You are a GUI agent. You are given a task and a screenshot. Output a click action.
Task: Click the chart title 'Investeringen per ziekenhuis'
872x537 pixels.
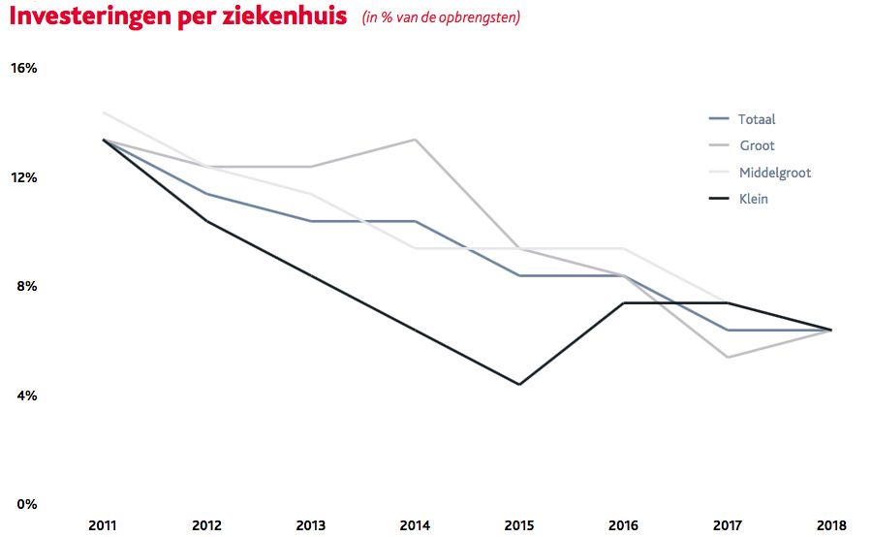(x=178, y=17)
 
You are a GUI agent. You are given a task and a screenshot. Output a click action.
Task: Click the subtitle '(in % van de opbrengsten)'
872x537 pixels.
(x=441, y=18)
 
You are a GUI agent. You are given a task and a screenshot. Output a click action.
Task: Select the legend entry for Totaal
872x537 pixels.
(x=756, y=119)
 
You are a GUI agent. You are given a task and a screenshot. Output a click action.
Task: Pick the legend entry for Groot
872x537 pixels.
(x=756, y=145)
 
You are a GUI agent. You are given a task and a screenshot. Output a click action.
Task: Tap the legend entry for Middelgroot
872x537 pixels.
(x=773, y=173)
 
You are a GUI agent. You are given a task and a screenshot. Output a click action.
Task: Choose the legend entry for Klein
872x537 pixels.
(x=753, y=199)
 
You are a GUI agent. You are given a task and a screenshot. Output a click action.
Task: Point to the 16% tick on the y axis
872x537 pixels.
(x=24, y=68)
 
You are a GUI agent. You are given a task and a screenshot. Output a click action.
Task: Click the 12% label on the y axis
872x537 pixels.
(x=24, y=177)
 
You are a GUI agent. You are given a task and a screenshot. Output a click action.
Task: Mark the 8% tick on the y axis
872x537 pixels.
(x=24, y=286)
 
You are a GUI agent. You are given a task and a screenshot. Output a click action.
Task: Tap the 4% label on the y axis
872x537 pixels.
(x=24, y=395)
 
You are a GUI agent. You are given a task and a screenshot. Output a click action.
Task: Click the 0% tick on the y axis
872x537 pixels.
(x=24, y=504)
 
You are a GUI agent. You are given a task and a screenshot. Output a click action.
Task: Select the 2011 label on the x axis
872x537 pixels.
(x=103, y=524)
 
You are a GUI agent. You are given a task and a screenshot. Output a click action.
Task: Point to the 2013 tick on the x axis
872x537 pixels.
(x=311, y=524)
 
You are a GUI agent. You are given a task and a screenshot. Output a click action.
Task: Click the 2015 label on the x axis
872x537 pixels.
(x=518, y=524)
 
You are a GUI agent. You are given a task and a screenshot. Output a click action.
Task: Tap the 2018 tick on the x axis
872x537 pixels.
(x=830, y=524)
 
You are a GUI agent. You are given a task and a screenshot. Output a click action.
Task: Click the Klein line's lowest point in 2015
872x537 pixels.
(x=519, y=385)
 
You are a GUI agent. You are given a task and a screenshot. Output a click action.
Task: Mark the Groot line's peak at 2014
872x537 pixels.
(x=416, y=140)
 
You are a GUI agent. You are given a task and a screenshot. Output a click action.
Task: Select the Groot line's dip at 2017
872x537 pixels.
(x=727, y=358)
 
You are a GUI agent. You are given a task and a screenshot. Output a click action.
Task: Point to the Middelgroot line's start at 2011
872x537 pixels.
(x=104, y=112)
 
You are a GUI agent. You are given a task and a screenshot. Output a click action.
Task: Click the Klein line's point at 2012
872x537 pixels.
(x=207, y=221)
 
